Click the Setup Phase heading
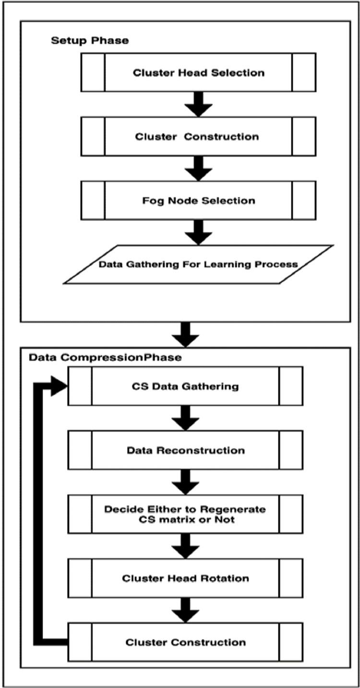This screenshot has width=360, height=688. click(90, 40)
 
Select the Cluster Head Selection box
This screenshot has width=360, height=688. click(198, 72)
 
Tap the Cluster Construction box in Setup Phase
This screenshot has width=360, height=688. click(198, 136)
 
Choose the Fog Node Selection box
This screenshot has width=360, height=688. click(198, 200)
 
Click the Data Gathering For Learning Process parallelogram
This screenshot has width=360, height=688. click(198, 264)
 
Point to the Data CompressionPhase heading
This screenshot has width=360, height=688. click(105, 358)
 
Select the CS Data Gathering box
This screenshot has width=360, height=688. click(185, 386)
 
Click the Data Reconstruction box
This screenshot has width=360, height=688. click(185, 450)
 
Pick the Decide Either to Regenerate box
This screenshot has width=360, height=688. click(185, 514)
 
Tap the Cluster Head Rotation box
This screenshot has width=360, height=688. click(185, 578)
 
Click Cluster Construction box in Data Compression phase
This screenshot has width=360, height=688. click(185, 642)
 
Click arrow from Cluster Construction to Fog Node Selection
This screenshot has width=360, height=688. click(198, 168)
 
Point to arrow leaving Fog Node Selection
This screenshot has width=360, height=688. click(198, 232)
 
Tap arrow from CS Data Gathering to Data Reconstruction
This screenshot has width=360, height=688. click(185, 418)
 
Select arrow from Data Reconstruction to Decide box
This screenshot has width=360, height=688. click(185, 482)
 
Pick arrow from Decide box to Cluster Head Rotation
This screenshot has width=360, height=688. click(185, 546)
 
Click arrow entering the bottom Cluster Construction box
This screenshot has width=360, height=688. click(185, 610)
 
